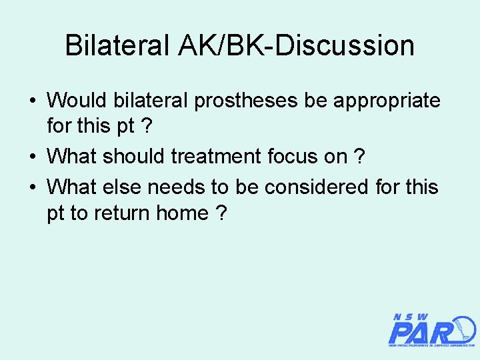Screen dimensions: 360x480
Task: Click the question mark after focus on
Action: pyautogui.click(x=359, y=157)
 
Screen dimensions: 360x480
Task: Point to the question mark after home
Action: pyautogui.click(x=221, y=213)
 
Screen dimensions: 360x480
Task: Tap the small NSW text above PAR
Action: pyautogui.click(x=411, y=317)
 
